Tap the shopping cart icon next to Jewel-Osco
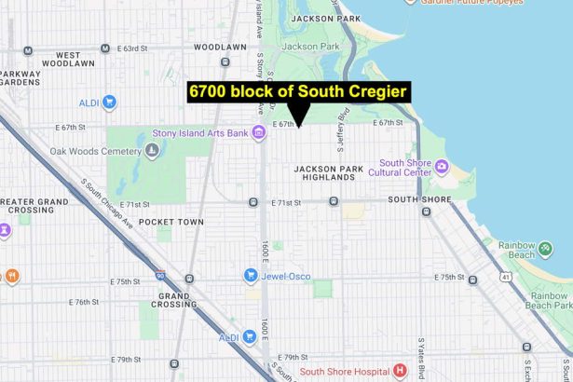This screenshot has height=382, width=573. click(250, 276)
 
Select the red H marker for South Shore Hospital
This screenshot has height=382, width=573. click(400, 370)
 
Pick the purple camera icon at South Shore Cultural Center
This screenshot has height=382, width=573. click(441, 167)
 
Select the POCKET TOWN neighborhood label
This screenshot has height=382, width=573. click(171, 222)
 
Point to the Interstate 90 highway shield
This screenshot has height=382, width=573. click(161, 276)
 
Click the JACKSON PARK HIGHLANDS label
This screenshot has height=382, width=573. click(326, 174)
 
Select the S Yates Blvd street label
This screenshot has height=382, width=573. click(420, 354)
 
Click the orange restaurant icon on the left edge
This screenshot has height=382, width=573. click(12, 276)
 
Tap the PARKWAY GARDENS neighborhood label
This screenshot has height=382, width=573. click(23, 79)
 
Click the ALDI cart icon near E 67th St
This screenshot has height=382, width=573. click(108, 102)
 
